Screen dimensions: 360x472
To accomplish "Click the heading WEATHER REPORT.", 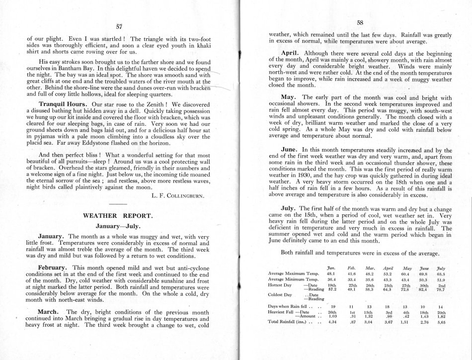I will (117, 216).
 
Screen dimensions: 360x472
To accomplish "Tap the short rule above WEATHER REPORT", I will (117, 205).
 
